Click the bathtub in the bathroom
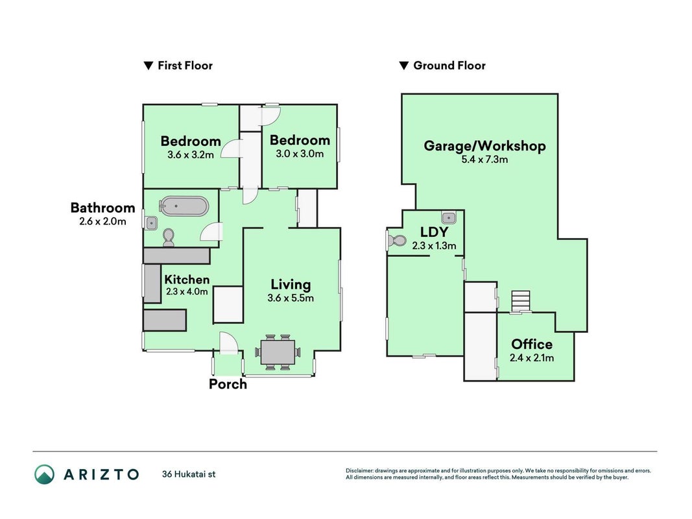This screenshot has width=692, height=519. (183, 206)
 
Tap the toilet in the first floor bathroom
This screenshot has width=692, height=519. (168, 237)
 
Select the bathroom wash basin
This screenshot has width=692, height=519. (151, 223)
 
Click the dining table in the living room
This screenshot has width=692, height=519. (278, 352)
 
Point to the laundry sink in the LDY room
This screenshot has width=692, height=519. (448, 217)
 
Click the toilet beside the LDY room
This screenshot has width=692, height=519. (397, 241)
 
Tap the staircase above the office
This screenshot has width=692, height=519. (521, 302)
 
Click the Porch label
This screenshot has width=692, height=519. (228, 384)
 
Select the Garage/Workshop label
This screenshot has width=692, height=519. (484, 146)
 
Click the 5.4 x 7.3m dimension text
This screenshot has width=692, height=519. (484, 160)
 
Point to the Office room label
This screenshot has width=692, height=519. (532, 344)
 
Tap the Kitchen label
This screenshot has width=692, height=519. (187, 280)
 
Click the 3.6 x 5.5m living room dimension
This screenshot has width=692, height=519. (291, 298)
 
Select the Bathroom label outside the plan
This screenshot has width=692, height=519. (103, 208)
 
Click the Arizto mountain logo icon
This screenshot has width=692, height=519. (45, 474)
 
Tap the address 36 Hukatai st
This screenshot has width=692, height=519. (189, 474)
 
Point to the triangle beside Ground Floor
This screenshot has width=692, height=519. (404, 66)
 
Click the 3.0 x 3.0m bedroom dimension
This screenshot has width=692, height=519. (300, 154)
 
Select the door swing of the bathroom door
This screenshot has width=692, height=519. (211, 232)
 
